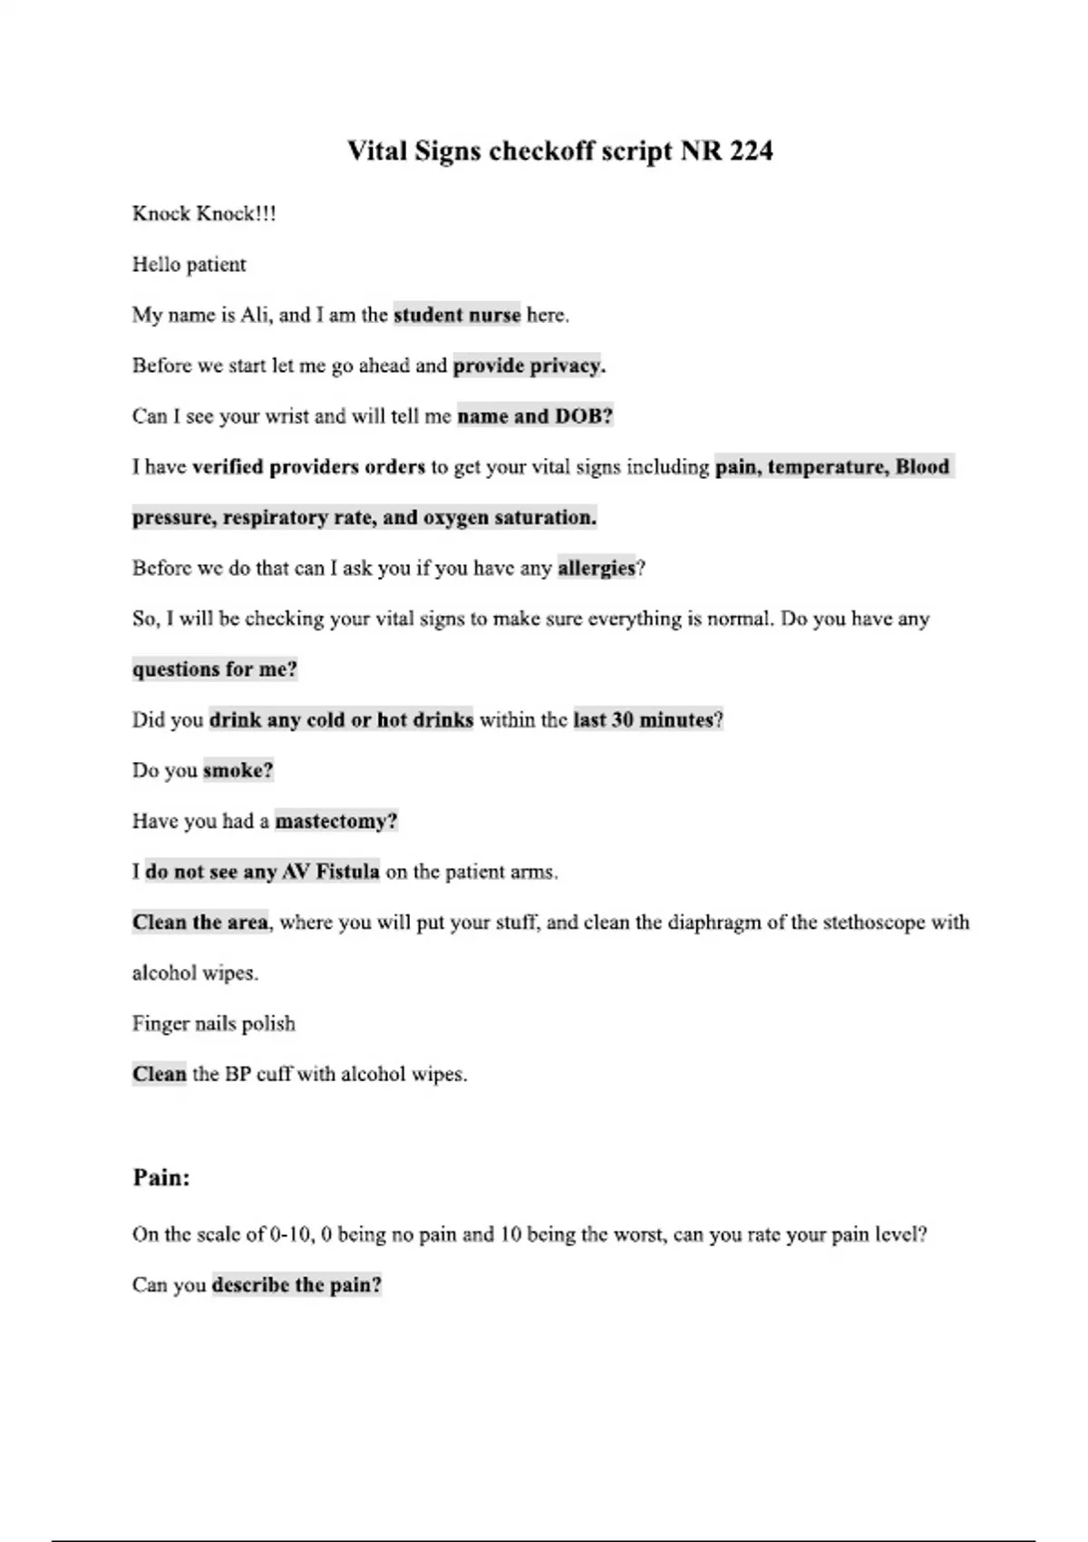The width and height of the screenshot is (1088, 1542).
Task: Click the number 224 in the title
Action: click(x=750, y=151)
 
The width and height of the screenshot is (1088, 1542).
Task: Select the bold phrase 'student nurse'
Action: click(x=457, y=315)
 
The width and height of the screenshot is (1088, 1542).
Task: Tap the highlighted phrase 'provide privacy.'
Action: click(x=529, y=366)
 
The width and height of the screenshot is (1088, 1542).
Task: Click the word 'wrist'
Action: click(x=287, y=416)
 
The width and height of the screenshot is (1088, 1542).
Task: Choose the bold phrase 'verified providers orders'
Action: click(x=308, y=467)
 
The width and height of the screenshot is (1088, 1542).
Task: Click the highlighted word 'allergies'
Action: click(x=597, y=568)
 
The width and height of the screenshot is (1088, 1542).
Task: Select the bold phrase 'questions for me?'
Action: click(x=215, y=669)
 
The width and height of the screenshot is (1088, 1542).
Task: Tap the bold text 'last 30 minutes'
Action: click(x=644, y=720)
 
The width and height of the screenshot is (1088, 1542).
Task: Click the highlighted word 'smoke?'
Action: click(x=238, y=771)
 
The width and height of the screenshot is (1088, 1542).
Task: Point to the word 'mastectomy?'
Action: click(x=336, y=822)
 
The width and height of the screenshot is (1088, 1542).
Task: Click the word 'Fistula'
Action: click(x=346, y=872)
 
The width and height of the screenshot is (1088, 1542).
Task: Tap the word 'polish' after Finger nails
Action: click(x=268, y=1024)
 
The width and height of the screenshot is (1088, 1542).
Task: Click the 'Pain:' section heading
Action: click(x=161, y=1177)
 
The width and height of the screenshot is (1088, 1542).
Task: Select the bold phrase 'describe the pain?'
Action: click(x=296, y=1285)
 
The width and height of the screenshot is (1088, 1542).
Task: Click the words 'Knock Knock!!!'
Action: click(x=204, y=214)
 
